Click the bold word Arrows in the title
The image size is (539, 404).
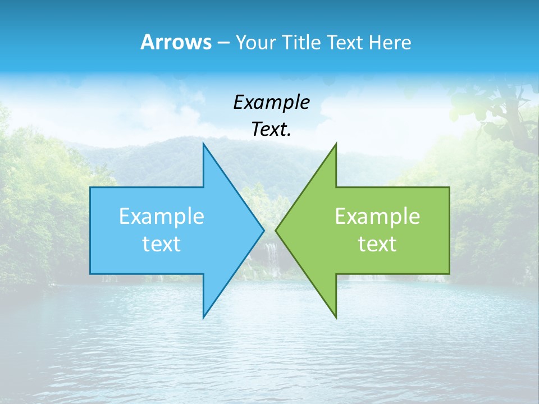175,42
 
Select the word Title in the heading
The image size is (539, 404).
302,43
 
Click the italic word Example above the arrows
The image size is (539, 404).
271,102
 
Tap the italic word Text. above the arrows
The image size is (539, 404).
271,129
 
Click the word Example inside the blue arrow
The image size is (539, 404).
162,217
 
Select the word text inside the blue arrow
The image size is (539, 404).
162,244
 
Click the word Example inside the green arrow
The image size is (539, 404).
377,217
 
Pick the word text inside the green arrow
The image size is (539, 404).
377,244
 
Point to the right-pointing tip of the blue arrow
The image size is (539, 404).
263,230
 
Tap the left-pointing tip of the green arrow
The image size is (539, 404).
276,230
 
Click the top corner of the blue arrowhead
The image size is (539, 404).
203,144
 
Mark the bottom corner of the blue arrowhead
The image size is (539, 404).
203,318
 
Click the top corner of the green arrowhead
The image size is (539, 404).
336,144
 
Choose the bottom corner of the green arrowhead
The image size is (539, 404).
336,318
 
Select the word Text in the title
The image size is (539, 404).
345,43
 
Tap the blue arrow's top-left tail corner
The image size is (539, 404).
90,187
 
